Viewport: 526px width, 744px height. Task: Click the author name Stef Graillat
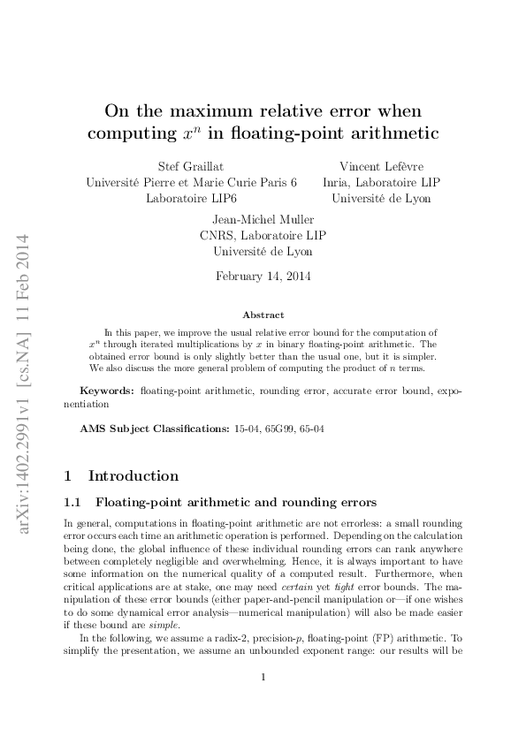coord(191,166)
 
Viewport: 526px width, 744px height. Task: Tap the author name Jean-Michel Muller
coord(263,219)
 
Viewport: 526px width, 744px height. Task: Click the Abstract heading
coord(263,315)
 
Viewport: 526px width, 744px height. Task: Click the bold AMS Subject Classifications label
coord(142,428)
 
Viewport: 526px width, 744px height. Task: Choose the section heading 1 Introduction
coord(122,475)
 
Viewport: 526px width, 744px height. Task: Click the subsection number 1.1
coord(74,503)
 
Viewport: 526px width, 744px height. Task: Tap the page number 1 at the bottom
coord(263,702)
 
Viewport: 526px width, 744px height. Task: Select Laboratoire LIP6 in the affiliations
coord(191,199)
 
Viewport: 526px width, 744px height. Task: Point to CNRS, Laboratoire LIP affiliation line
coord(263,235)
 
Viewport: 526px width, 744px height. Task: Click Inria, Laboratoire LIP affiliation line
coord(381,182)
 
